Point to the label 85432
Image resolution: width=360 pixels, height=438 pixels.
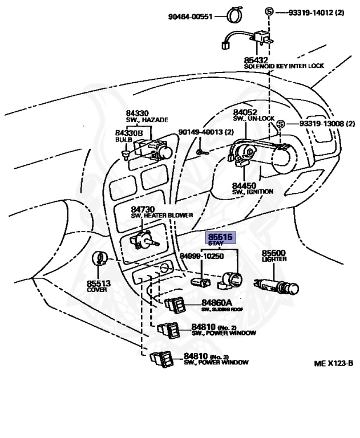pos(256,59)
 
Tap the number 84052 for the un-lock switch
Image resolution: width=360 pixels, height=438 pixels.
pos(246,112)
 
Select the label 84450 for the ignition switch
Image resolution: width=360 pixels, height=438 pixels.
pos(244,185)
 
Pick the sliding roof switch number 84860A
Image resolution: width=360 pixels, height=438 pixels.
pos(217,302)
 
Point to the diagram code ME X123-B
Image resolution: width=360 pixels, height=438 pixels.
pos(333,363)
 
